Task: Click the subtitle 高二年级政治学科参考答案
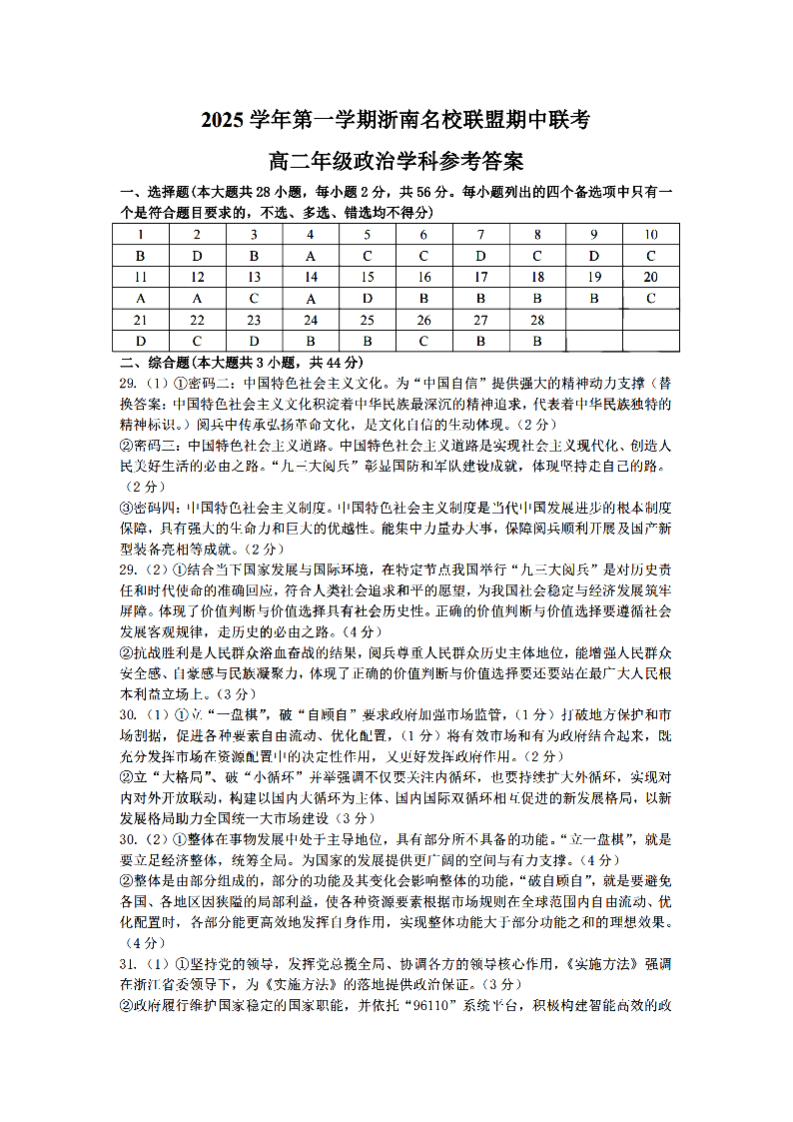(396, 161)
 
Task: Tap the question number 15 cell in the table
(368, 277)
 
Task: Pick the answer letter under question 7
(480, 256)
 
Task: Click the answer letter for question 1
(141, 256)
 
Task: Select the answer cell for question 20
(650, 298)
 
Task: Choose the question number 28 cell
(537, 320)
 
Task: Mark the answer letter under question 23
(254, 341)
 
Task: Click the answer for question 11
(141, 298)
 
